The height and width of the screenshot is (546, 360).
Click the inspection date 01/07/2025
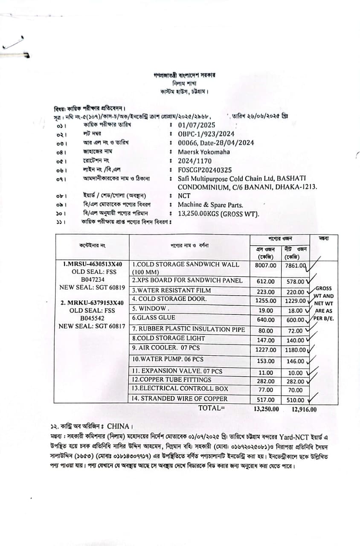(197, 125)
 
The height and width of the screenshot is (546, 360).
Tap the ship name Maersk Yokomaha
(204, 152)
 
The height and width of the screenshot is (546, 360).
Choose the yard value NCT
(184, 196)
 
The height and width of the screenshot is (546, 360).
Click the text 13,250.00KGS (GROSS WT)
(218, 214)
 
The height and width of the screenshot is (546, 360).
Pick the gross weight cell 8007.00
(265, 265)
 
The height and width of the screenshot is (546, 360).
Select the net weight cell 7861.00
(295, 265)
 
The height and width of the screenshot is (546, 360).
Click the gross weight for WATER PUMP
(266, 361)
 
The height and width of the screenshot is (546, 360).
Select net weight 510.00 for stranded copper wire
(295, 400)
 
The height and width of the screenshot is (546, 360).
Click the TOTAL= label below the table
(211, 408)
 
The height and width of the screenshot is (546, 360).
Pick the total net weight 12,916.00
(304, 409)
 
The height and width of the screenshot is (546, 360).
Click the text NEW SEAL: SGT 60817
(92, 326)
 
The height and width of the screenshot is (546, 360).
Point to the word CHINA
(119, 426)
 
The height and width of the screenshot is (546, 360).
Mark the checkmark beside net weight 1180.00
(310, 349)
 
